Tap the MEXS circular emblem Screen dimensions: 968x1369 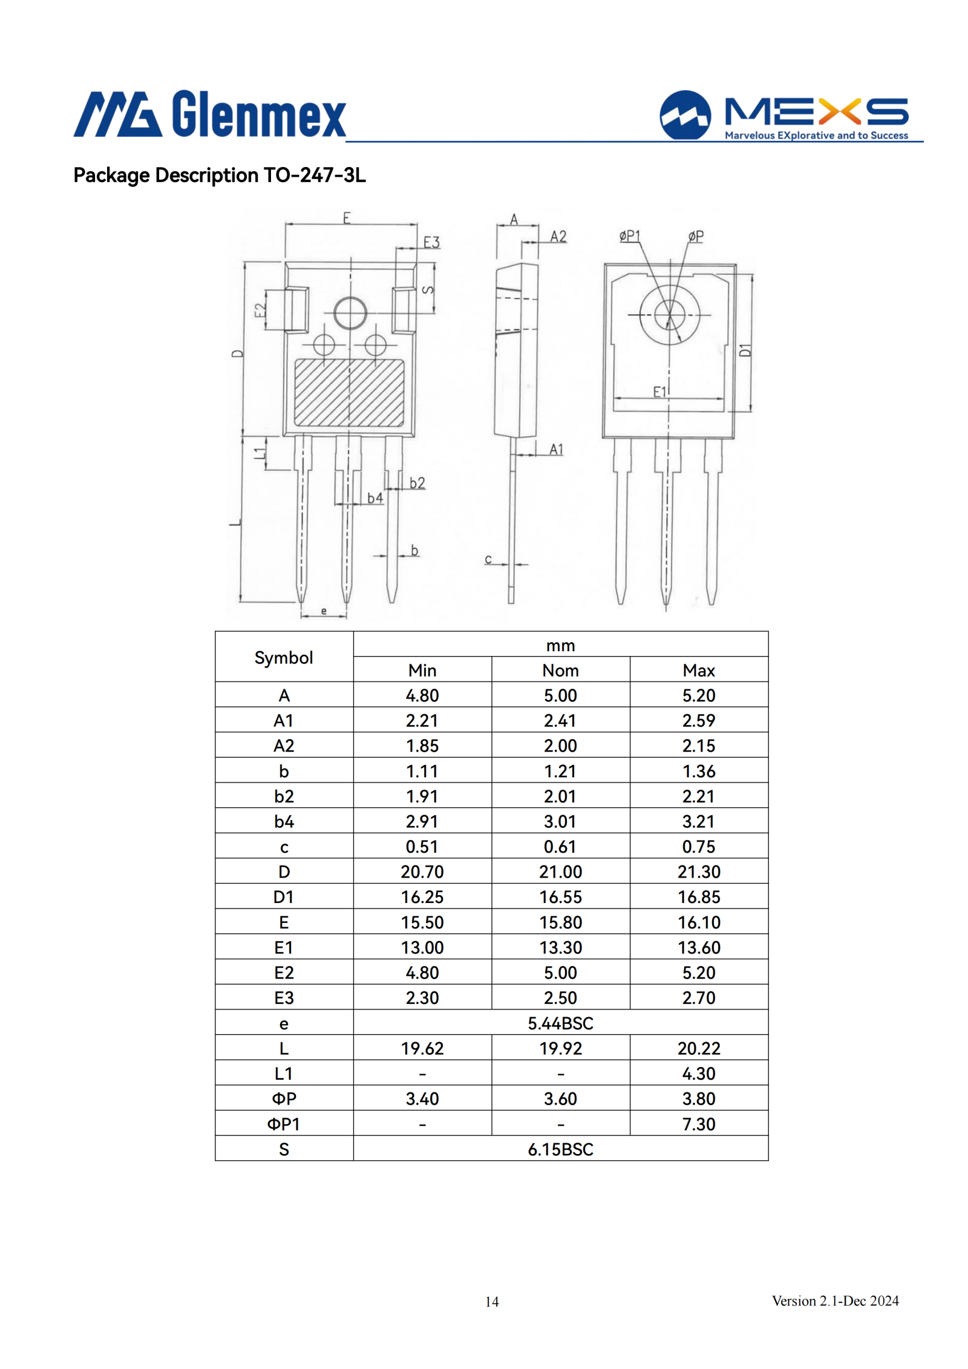point(685,115)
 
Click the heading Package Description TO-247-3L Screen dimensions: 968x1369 point(220,176)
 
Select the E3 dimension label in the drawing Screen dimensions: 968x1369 point(431,242)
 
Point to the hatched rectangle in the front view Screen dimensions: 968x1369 point(349,393)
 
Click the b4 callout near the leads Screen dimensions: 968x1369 point(375,497)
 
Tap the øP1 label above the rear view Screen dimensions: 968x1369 point(629,235)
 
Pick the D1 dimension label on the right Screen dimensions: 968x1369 point(745,350)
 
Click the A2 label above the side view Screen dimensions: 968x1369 point(558,237)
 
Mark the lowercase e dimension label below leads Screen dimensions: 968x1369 point(324,611)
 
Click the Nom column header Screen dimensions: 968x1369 point(560,671)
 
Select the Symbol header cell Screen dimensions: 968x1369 point(284,657)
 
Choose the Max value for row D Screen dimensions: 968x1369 point(699,872)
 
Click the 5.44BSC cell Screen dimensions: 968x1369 point(560,1023)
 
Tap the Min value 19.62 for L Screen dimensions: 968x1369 point(422,1048)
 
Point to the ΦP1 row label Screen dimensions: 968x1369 point(284,1124)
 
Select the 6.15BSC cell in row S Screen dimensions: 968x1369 point(560,1149)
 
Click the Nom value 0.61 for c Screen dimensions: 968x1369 point(560,847)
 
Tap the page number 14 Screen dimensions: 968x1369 point(492,1301)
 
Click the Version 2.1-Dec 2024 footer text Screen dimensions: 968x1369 point(835,1301)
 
